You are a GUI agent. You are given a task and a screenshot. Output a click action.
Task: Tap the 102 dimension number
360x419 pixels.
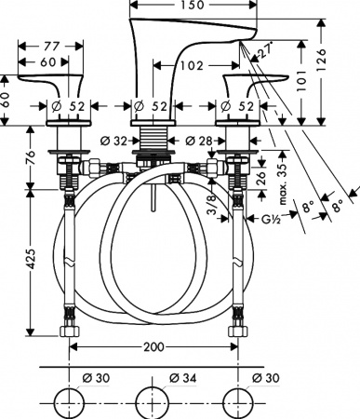coord(193,67)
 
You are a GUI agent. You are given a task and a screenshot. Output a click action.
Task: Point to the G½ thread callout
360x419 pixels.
coord(273,220)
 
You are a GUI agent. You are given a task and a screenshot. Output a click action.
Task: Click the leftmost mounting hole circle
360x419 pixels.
coord(69,403)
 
